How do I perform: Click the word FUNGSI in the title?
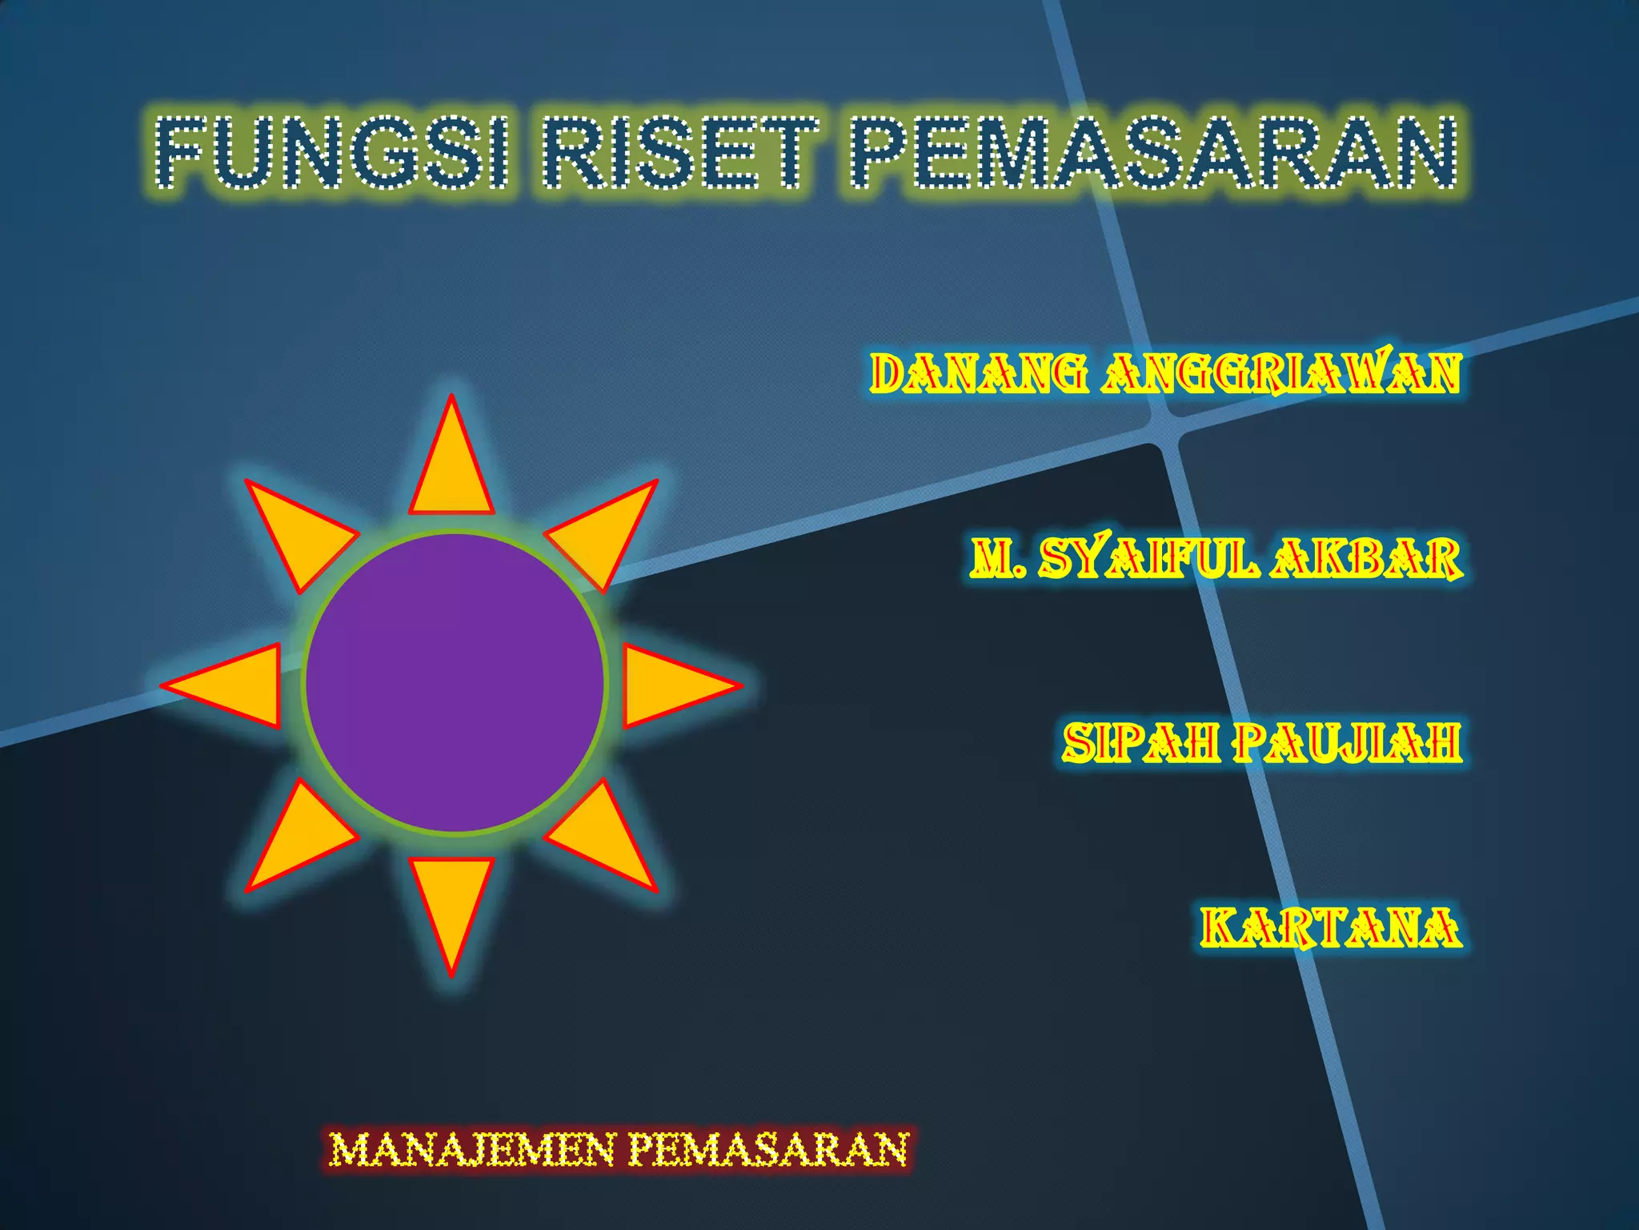tap(332, 152)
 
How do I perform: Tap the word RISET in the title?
tap(681, 152)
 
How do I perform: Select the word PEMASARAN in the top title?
tap(1153, 152)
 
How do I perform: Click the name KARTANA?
tap(1330, 927)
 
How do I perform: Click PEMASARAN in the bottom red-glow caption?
tap(769, 1150)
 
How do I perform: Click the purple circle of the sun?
tap(454, 683)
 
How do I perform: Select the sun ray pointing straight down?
tap(451, 901)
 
